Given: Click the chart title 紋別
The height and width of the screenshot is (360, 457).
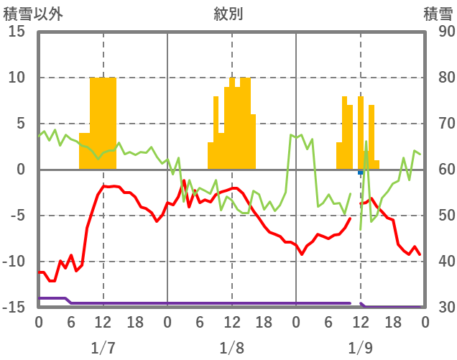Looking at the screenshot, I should point(228,14).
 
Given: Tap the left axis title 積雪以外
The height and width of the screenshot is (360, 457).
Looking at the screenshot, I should point(28,14).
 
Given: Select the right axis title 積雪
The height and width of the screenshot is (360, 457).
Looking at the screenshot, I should point(437,14).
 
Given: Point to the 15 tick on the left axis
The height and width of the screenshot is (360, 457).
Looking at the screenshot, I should point(18,32).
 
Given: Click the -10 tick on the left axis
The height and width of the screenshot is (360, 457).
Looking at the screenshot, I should point(15,262).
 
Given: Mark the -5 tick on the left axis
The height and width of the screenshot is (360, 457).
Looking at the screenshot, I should point(18,216).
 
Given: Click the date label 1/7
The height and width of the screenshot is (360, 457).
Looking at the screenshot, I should point(103,348).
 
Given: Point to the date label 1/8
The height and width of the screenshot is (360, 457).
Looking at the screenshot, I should point(231,348).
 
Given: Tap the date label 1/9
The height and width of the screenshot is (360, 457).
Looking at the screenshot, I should point(360,348).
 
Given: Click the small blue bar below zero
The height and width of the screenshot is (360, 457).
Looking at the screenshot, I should point(361,172).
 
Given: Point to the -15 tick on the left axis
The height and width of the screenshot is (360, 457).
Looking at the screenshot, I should point(15,308).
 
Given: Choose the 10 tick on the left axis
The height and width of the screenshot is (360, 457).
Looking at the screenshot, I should point(18,78).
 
